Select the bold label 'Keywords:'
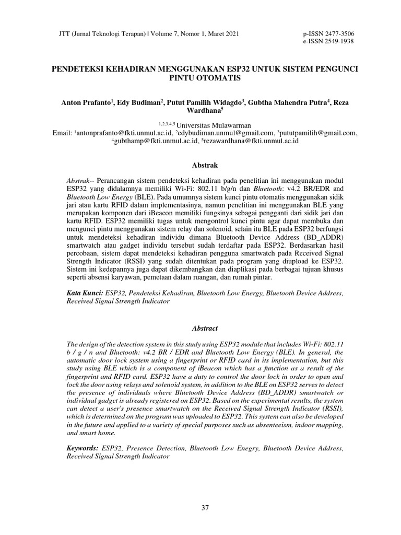[x=83, y=448]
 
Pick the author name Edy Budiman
[x=133, y=103]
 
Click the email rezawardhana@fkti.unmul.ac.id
[x=247, y=141]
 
